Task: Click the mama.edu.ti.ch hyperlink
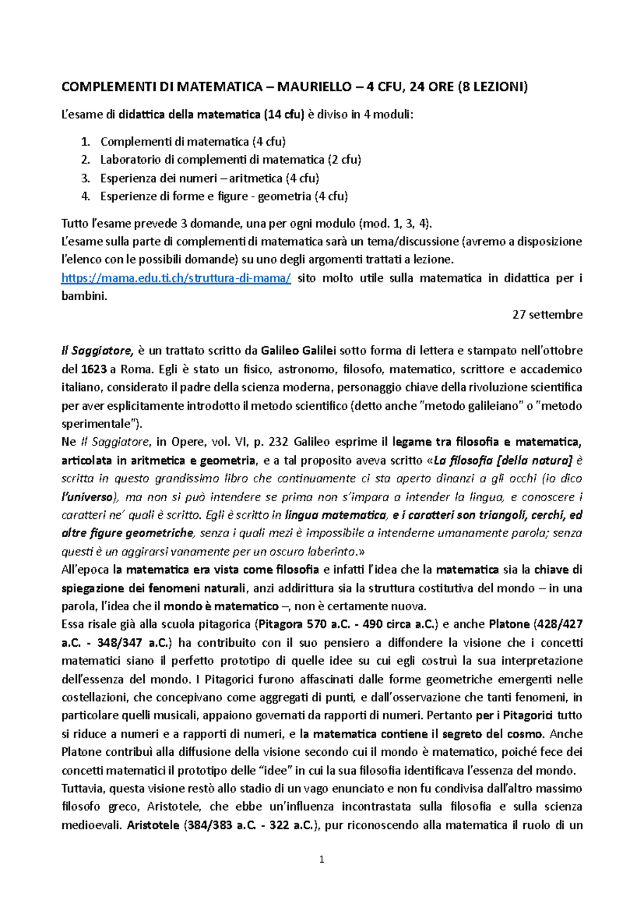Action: coord(176,278)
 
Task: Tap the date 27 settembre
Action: coord(547,315)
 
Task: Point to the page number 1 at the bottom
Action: coord(321,859)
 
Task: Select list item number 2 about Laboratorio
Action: coord(230,160)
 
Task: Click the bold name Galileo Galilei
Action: coord(298,351)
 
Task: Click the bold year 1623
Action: coord(93,370)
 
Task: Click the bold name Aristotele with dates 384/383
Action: coord(153,825)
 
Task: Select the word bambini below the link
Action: coord(84,297)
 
